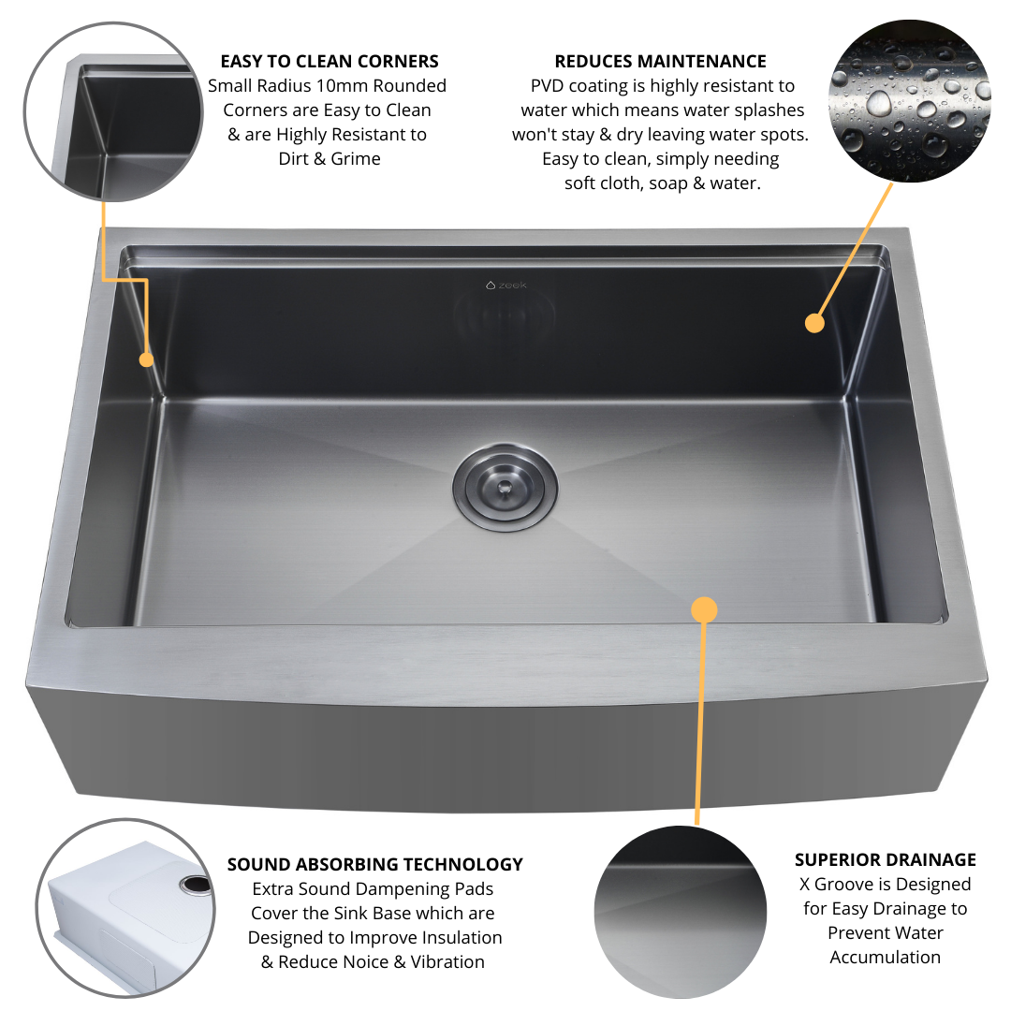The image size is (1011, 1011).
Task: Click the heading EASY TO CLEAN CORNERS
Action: (330, 62)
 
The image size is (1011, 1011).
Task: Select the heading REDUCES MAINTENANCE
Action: (660, 62)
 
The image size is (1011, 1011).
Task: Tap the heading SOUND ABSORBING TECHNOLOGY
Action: (374, 864)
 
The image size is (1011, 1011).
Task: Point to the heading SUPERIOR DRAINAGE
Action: (885, 859)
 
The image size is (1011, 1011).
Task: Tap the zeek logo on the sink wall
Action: (506, 285)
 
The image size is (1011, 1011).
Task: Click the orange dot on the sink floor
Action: (704, 610)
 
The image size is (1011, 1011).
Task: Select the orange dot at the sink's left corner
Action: (146, 359)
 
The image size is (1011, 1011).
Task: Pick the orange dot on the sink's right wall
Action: (814, 323)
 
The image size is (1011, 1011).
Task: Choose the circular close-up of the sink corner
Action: (111, 113)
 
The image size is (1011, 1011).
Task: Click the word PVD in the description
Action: (549, 86)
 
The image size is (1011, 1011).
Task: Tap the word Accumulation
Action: (885, 957)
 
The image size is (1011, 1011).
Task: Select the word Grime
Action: (357, 159)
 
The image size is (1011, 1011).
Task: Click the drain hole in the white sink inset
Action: (196, 883)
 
